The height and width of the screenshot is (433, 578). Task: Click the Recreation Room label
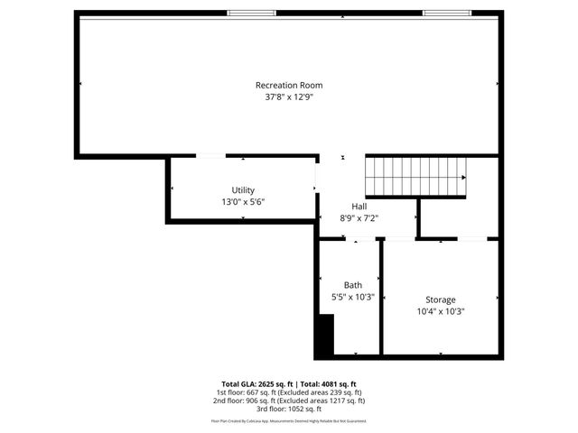288,86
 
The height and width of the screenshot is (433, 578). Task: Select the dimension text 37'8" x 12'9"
288,97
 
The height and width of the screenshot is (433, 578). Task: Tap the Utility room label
243,190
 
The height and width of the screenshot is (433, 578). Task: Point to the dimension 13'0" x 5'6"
243,201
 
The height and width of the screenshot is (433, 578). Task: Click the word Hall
359,207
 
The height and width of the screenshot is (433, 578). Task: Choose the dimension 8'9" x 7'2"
359,217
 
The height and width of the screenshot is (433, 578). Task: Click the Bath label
352,285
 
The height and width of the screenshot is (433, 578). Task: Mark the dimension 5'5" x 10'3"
352,296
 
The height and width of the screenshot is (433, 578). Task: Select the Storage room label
441,299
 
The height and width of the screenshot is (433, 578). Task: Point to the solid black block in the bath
323,335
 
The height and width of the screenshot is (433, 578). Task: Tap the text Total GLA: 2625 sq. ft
257,383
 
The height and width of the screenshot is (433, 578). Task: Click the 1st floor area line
288,392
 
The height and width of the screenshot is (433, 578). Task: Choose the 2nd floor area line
288,401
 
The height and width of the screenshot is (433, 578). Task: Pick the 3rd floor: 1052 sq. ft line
288,409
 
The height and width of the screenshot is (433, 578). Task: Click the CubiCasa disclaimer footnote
288,420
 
